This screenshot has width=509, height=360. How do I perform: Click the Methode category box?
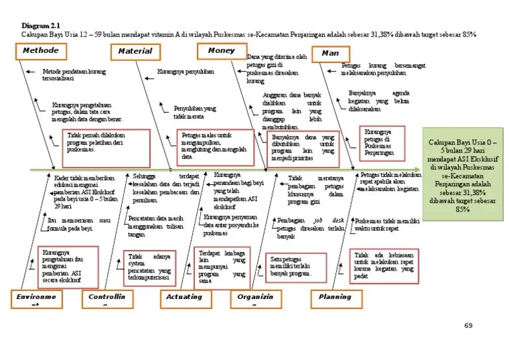(x=40, y=51)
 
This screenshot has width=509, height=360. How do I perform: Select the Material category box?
(x=135, y=51)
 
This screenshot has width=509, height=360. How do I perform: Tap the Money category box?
(x=221, y=51)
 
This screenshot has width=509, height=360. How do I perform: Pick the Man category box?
(x=329, y=53)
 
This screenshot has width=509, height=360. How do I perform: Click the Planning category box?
(x=335, y=297)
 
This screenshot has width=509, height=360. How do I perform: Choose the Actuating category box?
(x=184, y=298)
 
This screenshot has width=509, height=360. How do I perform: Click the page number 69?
(x=468, y=326)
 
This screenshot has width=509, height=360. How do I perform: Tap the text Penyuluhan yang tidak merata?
(x=194, y=112)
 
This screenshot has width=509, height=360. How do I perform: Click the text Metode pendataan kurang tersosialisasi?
(x=74, y=74)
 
